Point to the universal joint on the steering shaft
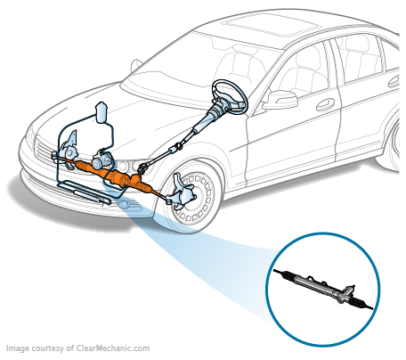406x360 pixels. [179, 145]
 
